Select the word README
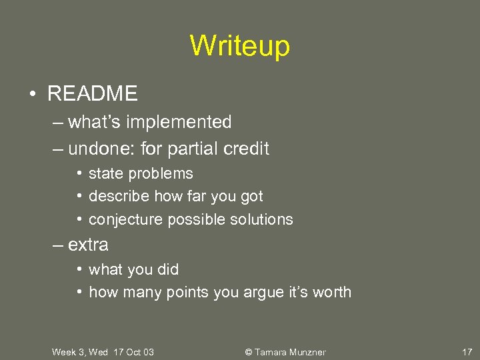click(92, 94)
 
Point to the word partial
click(192, 149)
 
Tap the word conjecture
click(125, 219)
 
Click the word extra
click(88, 245)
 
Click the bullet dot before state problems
click(79, 174)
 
